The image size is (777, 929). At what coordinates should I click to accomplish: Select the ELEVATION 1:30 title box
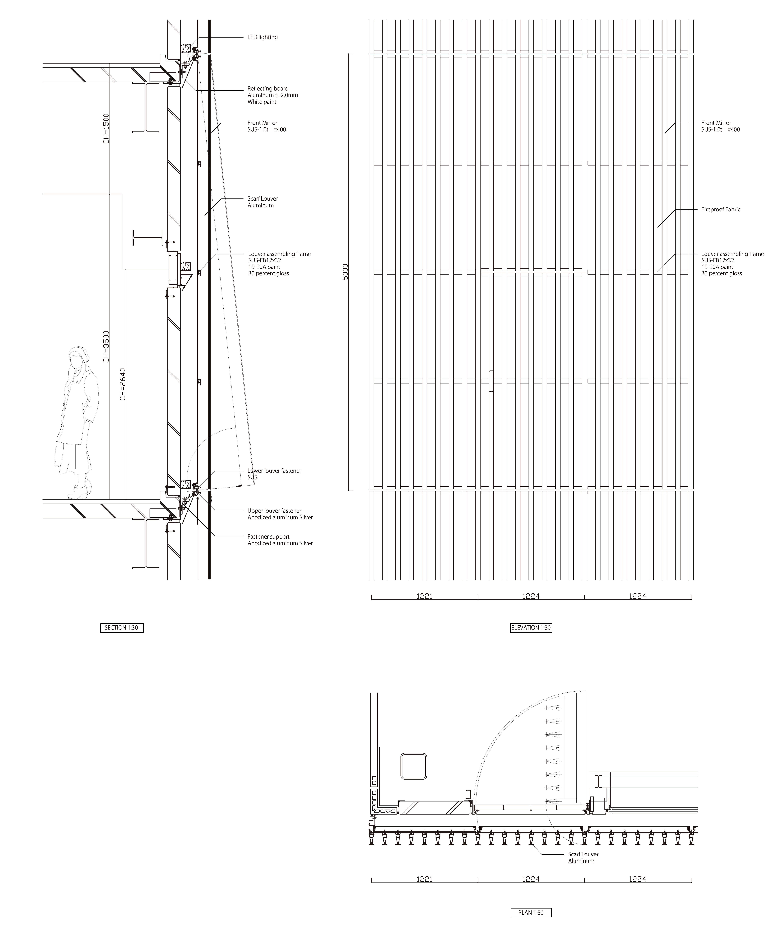click(531, 627)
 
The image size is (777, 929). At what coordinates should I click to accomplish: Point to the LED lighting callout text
click(263, 37)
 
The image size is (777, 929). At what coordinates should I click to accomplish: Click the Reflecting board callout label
click(272, 95)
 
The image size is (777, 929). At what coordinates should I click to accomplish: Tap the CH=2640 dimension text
click(123, 384)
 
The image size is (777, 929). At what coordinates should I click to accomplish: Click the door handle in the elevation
click(491, 381)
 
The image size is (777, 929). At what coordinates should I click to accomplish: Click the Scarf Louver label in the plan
click(583, 858)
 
